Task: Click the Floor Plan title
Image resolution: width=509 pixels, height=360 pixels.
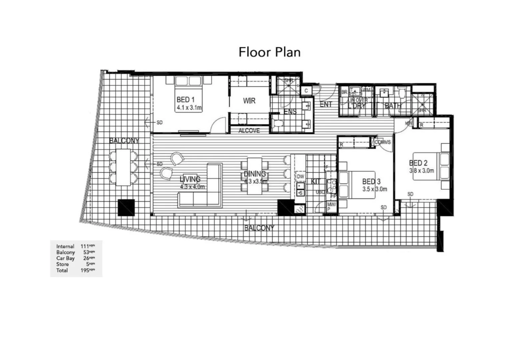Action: [269, 52]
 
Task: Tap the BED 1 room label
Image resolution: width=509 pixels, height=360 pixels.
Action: [185, 100]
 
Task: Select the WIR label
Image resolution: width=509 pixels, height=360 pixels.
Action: [249, 101]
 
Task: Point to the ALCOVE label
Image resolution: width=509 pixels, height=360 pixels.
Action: [249, 131]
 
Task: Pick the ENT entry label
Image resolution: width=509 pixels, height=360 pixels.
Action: [326, 104]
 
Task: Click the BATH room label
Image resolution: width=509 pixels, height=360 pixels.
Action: [393, 106]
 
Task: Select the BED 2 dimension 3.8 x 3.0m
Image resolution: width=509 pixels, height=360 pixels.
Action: [421, 171]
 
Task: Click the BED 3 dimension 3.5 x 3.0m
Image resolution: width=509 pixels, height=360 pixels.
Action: [375, 189]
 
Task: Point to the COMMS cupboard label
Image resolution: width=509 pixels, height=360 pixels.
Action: [382, 142]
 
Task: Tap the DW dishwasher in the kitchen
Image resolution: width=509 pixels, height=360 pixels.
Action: [300, 176]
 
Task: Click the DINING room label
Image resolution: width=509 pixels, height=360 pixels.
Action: [255, 174]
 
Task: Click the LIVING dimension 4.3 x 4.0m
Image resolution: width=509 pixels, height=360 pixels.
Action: [192, 187]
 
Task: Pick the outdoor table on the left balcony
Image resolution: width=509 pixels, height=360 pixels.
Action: [123, 167]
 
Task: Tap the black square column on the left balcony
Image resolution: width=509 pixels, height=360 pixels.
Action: [126, 208]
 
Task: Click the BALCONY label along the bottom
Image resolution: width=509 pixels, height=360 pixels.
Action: [259, 228]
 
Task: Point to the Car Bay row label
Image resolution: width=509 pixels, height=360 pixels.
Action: [65, 258]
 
